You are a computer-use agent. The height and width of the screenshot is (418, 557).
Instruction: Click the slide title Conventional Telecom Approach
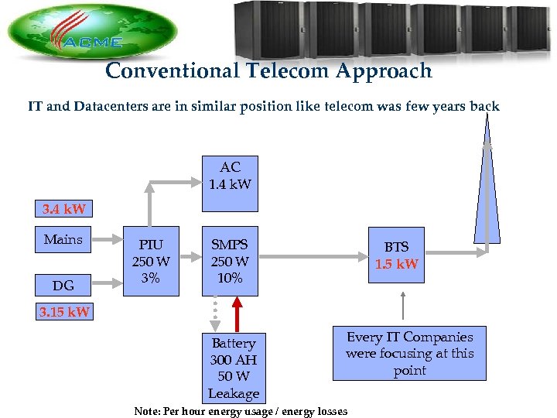[268, 71]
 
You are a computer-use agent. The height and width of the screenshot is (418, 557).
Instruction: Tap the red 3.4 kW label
[65, 209]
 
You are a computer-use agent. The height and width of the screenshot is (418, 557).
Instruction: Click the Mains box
[63, 241]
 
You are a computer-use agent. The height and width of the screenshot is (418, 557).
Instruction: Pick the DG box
[63, 286]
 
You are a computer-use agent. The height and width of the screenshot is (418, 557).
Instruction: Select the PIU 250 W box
[152, 261]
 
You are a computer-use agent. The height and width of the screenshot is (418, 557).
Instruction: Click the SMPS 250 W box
[230, 261]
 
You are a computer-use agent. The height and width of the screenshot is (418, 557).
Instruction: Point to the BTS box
[396, 255]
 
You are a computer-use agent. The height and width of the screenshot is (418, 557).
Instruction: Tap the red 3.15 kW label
[65, 313]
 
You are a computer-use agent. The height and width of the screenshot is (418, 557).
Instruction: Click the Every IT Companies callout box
[409, 354]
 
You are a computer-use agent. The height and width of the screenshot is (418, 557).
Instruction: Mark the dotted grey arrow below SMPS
[217, 313]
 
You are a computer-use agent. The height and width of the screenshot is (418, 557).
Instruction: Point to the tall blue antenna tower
[487, 194]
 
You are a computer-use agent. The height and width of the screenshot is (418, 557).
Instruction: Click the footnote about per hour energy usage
[241, 411]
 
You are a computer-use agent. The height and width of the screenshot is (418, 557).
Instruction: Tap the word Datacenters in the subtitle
[115, 106]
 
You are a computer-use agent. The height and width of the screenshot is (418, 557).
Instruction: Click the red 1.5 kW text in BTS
[396, 264]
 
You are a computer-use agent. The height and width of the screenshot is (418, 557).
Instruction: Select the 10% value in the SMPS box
[230, 278]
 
